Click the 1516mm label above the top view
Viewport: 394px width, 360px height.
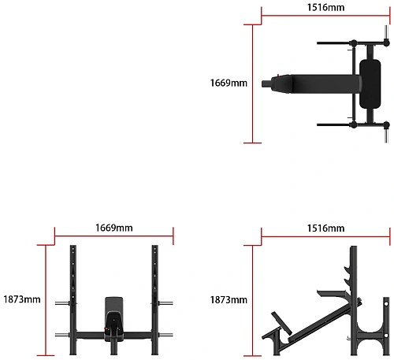coord(325,7)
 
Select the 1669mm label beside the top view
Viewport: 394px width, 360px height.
coord(229,83)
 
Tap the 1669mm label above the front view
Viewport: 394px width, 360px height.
coord(113,228)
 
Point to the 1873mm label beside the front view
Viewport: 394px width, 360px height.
coord(22,299)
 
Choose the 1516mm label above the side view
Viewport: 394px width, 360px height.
coord(325,228)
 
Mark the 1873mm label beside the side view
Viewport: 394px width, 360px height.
coord(229,299)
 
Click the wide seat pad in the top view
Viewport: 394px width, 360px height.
coord(370,84)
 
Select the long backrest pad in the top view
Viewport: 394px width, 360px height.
coord(325,84)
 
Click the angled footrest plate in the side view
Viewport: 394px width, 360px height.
coord(281,323)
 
